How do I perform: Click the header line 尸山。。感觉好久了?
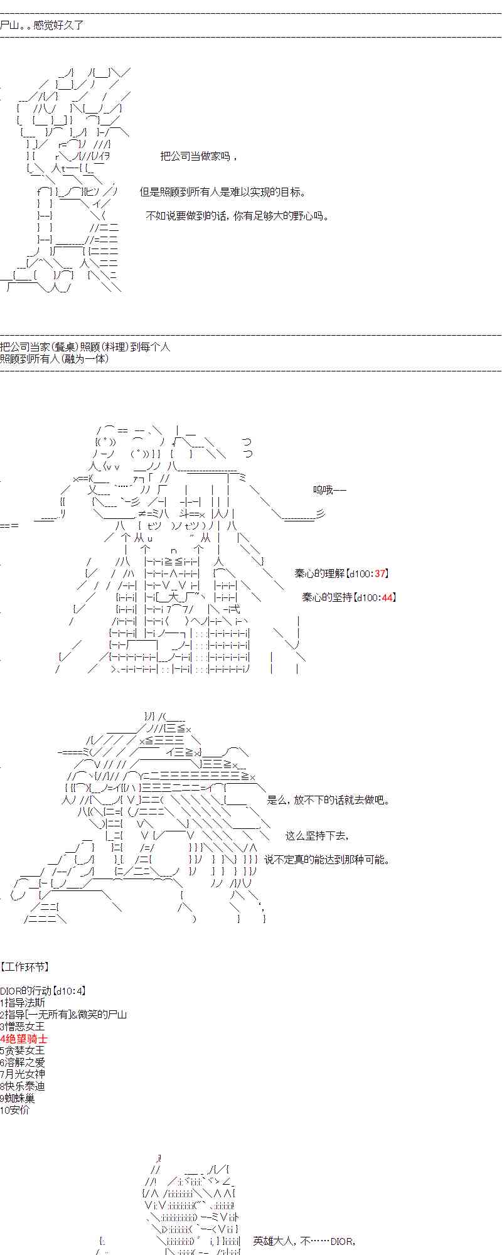(41, 25)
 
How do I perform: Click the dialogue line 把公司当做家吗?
(198, 156)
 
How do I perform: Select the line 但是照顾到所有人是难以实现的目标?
(223, 193)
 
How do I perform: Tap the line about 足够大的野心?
(237, 216)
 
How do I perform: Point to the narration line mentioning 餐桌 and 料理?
(85, 347)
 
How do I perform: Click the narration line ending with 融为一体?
(55, 359)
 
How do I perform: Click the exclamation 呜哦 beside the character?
(329, 490)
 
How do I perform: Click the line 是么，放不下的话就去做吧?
(329, 800)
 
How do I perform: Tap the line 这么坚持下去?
(317, 836)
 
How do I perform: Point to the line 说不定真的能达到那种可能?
(326, 860)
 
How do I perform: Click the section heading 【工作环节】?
(25, 967)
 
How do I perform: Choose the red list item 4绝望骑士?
(24, 1039)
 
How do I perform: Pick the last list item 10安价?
(15, 1110)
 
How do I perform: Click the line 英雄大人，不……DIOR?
(305, 1241)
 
